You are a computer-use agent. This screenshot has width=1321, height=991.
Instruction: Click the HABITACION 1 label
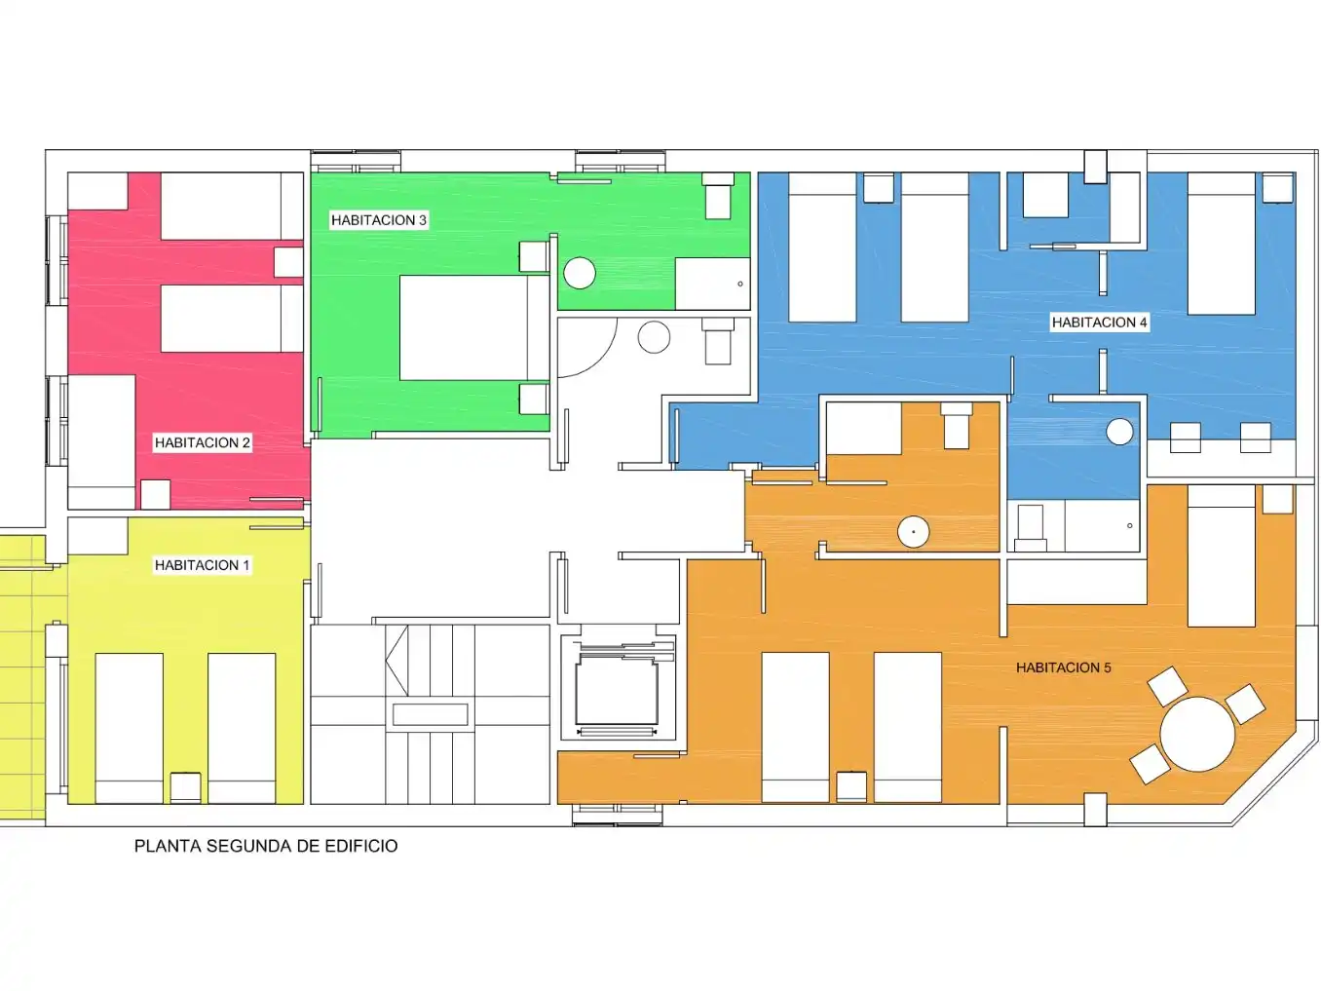pos(202,565)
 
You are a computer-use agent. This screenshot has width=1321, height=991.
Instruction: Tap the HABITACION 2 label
pos(203,442)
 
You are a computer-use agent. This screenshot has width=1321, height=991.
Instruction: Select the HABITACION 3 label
pos(379,220)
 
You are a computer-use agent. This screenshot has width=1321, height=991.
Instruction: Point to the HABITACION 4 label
pos(1099,323)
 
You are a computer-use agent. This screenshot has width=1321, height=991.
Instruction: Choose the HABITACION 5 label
pos(1063,667)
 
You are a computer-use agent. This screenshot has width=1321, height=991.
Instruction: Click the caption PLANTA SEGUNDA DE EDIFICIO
pos(265,846)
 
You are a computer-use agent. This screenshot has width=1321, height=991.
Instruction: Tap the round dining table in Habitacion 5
pos(1197,734)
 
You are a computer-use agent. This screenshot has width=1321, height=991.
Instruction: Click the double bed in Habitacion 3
pos(474,328)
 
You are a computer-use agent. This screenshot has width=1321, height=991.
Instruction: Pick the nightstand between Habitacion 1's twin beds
pos(185,787)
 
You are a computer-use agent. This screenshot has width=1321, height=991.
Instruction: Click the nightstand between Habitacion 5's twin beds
pos(851,787)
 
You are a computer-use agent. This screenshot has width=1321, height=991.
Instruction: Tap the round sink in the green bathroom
pos(579,273)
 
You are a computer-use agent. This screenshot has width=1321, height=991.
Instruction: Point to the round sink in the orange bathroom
pos(913,532)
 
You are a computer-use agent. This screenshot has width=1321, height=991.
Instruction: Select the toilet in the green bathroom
pos(717,196)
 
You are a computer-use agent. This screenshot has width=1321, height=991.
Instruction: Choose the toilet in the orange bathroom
pos(956,426)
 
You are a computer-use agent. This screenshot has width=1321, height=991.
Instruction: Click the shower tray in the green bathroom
pos(712,284)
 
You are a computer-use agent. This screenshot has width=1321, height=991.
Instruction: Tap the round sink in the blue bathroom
pos(1119,432)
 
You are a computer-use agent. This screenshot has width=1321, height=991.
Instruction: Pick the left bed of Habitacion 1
pos(129,728)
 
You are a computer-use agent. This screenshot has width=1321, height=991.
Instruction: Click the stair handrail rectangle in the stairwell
pos(430,715)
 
